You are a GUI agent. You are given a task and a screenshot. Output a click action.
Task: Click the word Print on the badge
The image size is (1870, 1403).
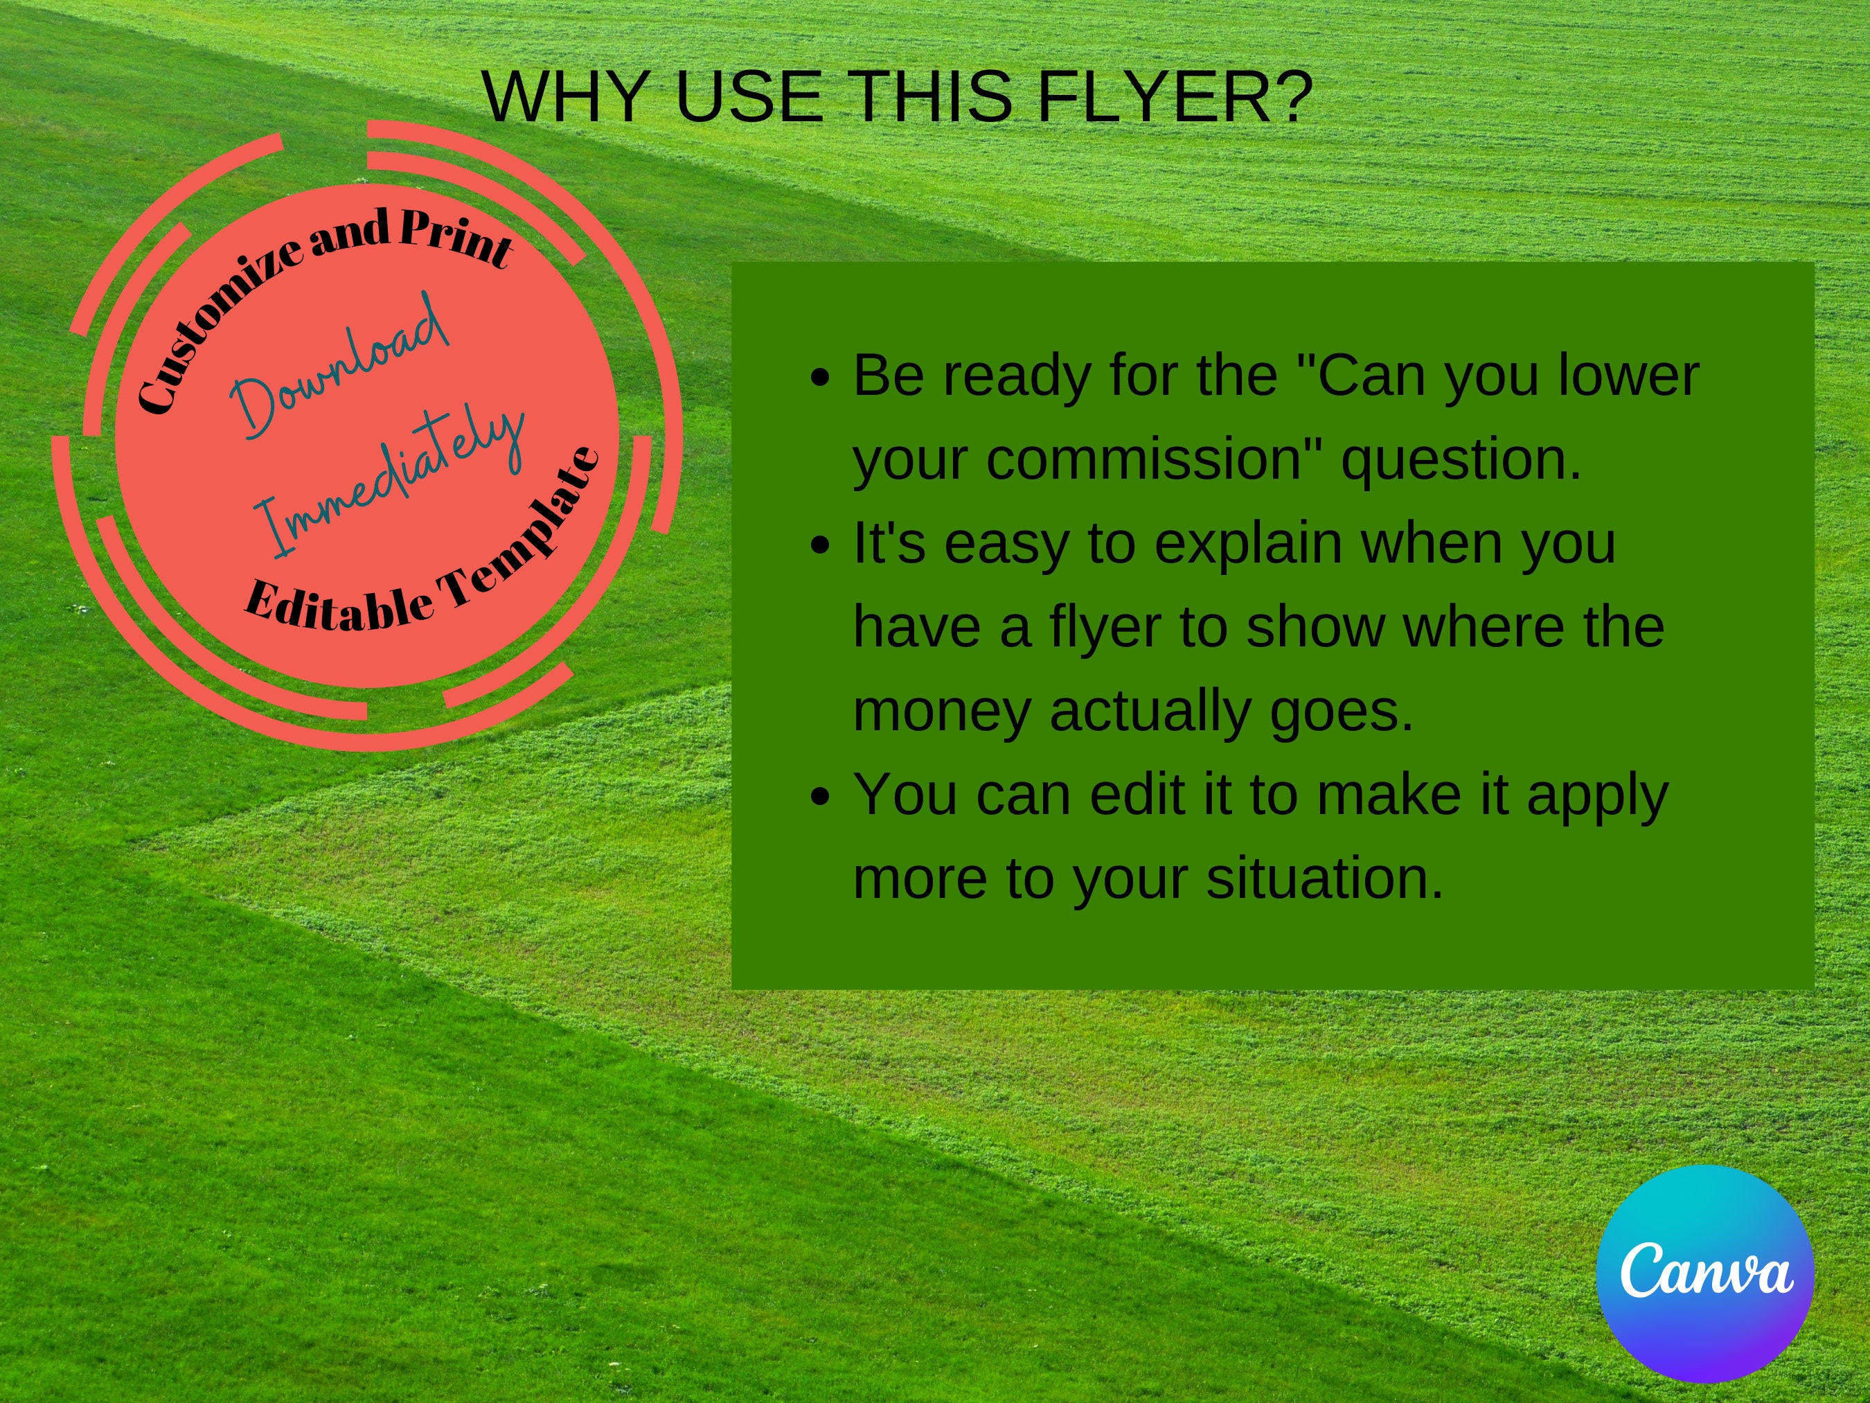[456, 237]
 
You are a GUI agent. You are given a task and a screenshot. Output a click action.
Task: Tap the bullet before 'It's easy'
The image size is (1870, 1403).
[819, 545]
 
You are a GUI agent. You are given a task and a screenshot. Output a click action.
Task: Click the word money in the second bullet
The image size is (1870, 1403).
[942, 712]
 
